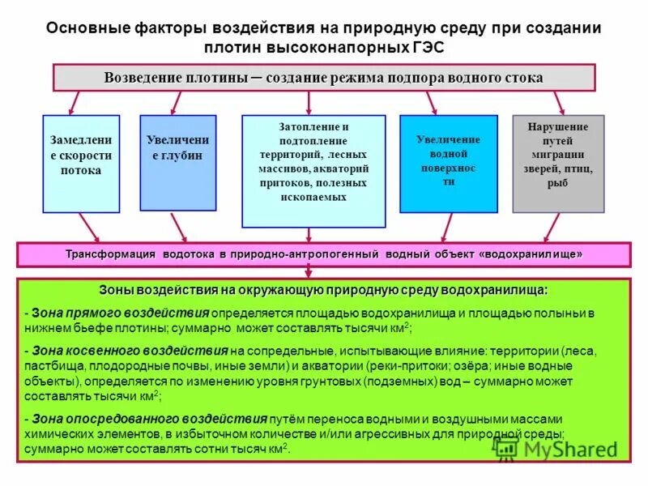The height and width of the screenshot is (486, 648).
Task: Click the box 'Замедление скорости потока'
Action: tap(81, 162)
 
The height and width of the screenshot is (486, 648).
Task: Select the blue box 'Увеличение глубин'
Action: tap(177, 162)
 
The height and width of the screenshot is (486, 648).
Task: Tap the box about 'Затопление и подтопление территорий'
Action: tap(313, 171)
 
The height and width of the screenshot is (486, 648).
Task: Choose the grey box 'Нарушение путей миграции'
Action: tap(558, 163)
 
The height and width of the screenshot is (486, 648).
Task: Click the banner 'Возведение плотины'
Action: tap(324, 78)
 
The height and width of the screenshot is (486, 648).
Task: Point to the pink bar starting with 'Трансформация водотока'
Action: tap(324, 254)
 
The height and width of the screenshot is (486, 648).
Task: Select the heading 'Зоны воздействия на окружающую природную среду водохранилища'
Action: tap(323, 290)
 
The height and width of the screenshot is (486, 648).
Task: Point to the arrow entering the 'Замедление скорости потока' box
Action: tap(74, 103)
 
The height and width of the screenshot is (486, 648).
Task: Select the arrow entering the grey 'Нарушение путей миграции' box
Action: tap(558, 103)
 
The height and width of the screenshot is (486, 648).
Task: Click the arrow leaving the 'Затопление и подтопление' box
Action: tap(310, 235)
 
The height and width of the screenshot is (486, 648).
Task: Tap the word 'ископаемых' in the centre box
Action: tap(313, 197)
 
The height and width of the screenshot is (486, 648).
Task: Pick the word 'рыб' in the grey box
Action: tap(557, 183)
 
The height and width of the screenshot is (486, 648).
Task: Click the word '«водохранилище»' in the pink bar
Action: tap(531, 254)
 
